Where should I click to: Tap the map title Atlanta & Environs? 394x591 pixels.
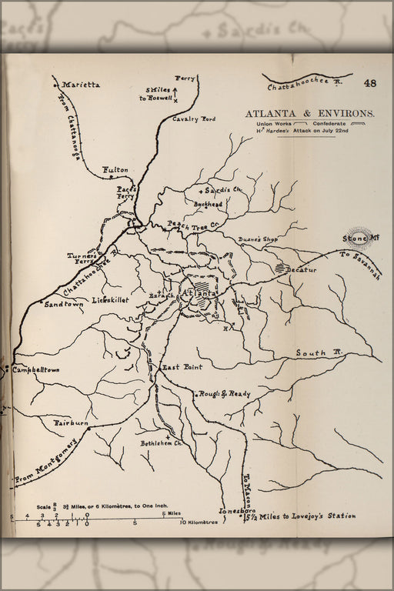point(310,113)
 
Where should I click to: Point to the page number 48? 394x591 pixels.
point(370,83)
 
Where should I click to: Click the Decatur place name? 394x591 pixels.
point(301,270)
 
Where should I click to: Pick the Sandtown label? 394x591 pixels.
point(63,304)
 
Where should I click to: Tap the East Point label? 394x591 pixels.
point(182,368)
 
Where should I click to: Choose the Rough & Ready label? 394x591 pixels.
point(225,394)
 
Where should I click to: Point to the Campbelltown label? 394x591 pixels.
point(36,370)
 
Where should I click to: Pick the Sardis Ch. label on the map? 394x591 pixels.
point(223,190)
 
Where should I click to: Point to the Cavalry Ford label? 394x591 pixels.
point(195,119)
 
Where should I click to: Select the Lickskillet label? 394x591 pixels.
point(111,299)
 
